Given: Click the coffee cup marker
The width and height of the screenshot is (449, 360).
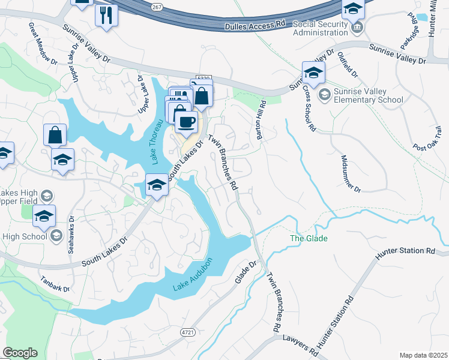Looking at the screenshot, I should (186, 122).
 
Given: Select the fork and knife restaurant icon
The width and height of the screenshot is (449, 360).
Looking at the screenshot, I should (106, 16).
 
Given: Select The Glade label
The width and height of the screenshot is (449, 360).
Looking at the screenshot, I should (309, 238).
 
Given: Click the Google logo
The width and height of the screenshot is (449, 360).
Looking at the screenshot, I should (20, 353).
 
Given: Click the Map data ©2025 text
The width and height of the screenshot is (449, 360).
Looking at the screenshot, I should (423, 355).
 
